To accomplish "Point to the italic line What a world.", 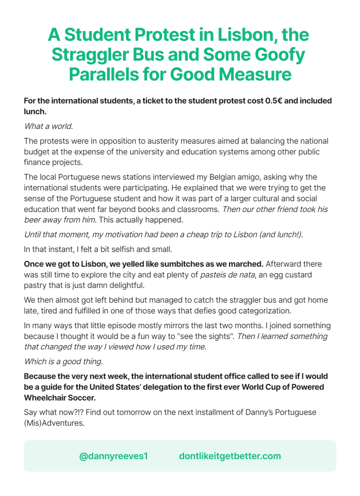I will (x=49, y=127).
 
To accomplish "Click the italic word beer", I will (x=33, y=220).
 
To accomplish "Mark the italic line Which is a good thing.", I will (x=63, y=361).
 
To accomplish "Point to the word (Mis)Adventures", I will (x=54, y=423).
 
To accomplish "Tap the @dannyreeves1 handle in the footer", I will (x=114, y=456).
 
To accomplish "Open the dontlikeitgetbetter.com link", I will (x=230, y=456).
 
